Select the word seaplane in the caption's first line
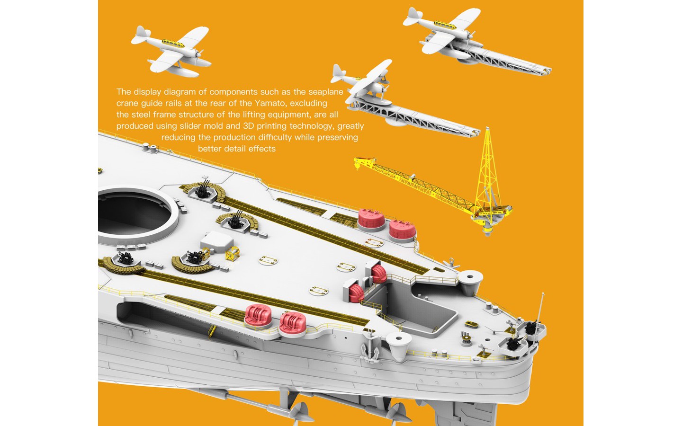tap(325, 92)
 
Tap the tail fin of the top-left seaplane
tap(140, 33)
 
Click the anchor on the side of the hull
tap(370, 347)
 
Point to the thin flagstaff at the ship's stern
tap(540, 308)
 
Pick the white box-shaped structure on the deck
tap(217, 241)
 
